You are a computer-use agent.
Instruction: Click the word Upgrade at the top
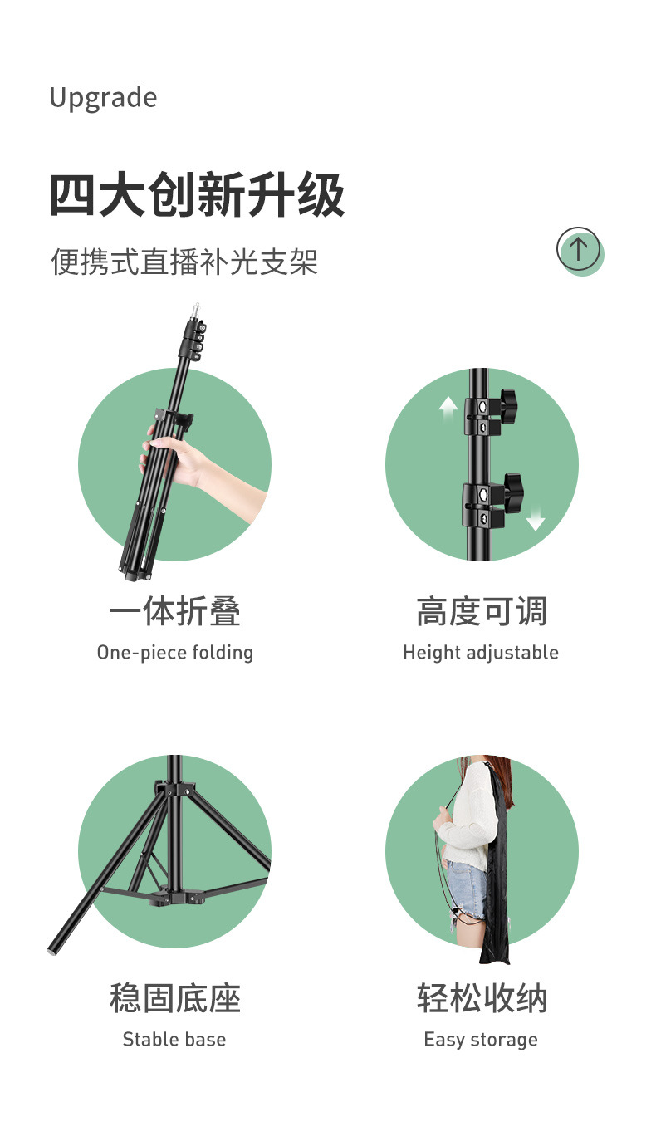[x=103, y=98]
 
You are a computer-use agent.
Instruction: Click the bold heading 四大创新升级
[x=197, y=196]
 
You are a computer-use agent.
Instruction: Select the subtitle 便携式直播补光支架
[x=184, y=262]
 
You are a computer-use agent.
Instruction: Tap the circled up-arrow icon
[x=579, y=248]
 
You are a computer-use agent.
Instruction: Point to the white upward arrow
[x=448, y=406]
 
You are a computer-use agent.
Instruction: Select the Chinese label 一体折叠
[x=174, y=612]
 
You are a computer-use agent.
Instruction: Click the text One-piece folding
[x=174, y=652]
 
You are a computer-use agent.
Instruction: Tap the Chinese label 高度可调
[x=481, y=612]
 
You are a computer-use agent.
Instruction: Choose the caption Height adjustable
[x=480, y=652]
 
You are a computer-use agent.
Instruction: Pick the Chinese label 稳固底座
[x=174, y=998]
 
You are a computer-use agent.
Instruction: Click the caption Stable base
[x=174, y=1039]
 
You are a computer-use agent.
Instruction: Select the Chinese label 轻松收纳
[x=481, y=998]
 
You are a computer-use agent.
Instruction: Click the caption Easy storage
[x=480, y=1039]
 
